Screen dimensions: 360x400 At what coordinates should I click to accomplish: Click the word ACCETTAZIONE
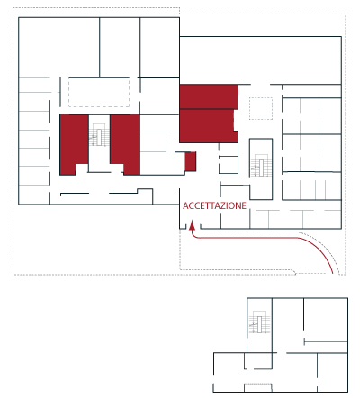point(214,205)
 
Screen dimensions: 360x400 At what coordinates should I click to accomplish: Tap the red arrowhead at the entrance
point(193,225)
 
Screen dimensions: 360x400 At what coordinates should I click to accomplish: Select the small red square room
point(191,161)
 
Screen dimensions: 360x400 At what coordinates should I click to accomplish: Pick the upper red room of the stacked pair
point(209,96)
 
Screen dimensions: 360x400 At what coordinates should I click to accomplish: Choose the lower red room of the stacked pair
point(207,126)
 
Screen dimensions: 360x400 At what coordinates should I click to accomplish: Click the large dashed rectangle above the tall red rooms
point(99,93)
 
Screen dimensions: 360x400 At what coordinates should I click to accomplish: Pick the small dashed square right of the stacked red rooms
point(261,108)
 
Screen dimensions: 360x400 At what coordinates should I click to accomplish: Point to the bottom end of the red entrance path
point(333,274)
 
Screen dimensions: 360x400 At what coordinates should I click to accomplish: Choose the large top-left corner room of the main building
point(59,47)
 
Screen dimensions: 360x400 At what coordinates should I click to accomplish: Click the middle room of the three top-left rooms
point(120,47)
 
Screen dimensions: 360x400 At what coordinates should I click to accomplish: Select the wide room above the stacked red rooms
point(260,60)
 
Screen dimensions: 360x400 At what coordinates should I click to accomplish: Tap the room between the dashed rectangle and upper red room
point(159,96)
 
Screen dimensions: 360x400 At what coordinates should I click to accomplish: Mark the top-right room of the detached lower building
point(326,319)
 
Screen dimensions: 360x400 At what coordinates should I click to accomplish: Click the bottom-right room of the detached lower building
point(332,372)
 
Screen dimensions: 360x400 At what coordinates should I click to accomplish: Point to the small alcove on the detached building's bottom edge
point(258,387)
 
